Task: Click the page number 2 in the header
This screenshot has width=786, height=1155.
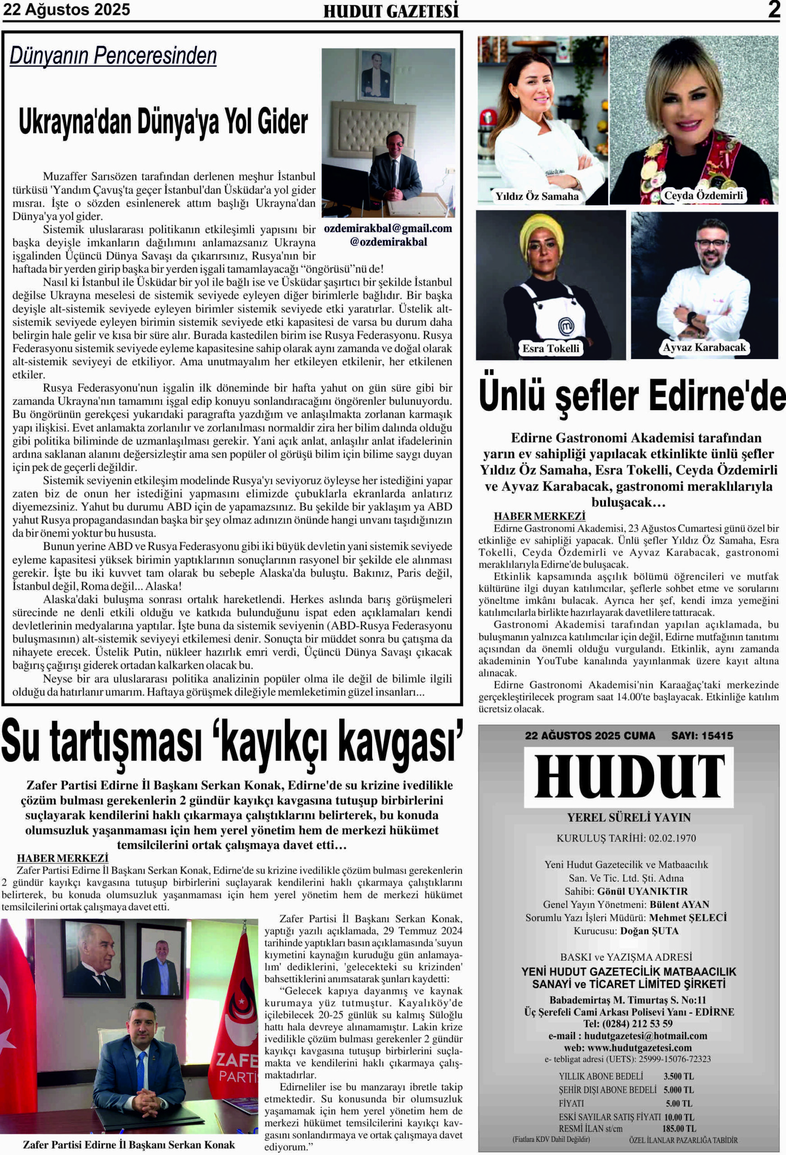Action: point(773,9)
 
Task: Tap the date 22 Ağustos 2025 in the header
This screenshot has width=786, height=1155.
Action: point(67,9)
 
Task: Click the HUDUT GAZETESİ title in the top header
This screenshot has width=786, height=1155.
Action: point(391,11)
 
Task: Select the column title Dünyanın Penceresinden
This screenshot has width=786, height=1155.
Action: point(113,55)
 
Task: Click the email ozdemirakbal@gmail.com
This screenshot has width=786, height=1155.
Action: point(388,229)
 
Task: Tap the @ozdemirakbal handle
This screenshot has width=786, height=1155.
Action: point(388,242)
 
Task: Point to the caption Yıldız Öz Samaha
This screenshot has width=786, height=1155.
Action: point(537,196)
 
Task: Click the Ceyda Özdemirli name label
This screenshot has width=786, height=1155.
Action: point(703,195)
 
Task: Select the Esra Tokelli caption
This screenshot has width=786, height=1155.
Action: point(550,348)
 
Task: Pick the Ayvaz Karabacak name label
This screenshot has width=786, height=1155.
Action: point(704,347)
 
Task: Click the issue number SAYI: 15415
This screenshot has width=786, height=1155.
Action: point(702,735)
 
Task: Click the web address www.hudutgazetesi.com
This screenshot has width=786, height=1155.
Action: point(639,1048)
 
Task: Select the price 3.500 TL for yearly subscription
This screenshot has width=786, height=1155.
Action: point(678,1076)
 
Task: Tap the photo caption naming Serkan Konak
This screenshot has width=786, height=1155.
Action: point(129,1145)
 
